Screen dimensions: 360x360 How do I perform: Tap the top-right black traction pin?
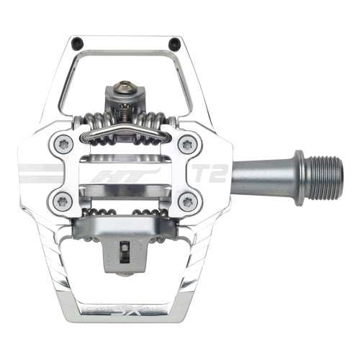click(174, 43)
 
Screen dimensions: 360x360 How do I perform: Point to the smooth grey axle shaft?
click(263, 173)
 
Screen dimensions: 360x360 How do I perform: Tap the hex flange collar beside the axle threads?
click(298, 173)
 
